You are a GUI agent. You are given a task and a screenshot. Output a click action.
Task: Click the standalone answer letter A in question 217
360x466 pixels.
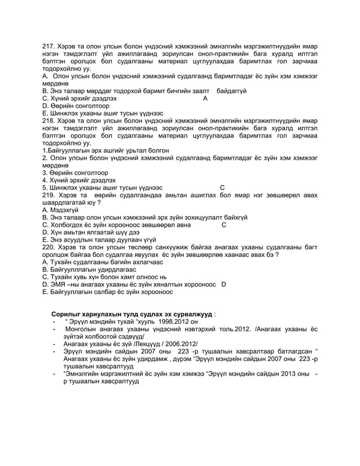pos(205,98)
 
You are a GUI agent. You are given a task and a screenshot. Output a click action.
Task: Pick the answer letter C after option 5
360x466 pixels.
pos(222,187)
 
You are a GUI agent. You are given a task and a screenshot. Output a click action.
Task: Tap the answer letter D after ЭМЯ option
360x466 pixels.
pos(224,284)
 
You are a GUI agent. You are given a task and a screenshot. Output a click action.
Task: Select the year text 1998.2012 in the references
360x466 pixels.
pos(159,322)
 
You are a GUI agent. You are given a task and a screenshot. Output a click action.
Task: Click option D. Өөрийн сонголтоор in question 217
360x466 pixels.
pos(79,105)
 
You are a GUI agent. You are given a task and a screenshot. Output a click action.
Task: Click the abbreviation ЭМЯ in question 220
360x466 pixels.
pos(60,284)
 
